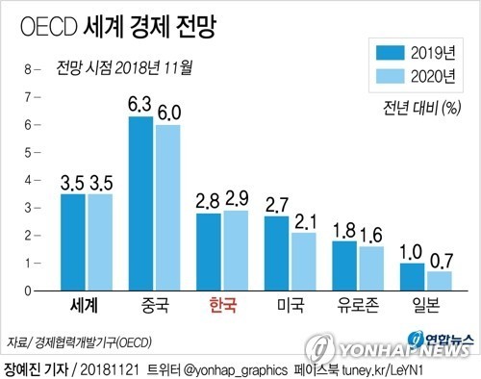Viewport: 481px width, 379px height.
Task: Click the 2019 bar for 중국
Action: tap(141, 203)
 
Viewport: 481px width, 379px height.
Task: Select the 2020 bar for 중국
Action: tap(167, 207)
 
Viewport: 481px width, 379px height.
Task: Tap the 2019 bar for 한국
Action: tap(209, 251)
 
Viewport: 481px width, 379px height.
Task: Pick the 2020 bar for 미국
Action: tap(304, 261)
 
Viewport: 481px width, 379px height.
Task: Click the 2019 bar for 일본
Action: tap(413, 276)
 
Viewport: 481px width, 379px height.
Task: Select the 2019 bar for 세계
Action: tap(73, 241)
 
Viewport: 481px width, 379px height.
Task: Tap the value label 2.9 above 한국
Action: tap(237, 200)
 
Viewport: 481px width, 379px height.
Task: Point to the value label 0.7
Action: tap(441, 260)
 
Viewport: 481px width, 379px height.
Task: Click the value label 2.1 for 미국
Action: tap(305, 221)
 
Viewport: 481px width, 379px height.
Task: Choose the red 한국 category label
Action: tap(221, 307)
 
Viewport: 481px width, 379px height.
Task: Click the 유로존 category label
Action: tap(358, 307)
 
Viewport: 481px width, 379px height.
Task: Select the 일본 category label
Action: tap(426, 307)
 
